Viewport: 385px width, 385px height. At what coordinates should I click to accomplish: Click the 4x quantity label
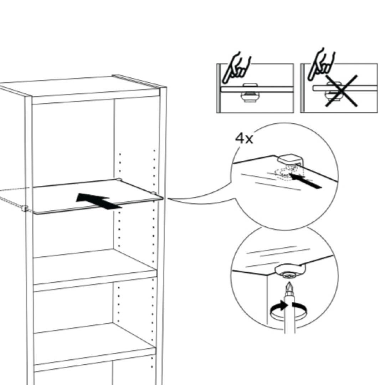pos(244,139)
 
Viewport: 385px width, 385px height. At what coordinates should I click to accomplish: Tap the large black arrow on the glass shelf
pos(99,201)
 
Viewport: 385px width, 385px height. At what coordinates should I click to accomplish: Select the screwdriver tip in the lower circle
pos(289,287)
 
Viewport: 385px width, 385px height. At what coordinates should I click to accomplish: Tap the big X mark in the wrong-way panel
pos(341,91)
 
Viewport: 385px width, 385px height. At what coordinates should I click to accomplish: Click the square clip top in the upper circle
pos(289,159)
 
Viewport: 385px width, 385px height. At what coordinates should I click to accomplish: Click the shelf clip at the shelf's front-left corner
pos(24,209)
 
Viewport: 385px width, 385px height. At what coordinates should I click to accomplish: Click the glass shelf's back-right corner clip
pos(119,179)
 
